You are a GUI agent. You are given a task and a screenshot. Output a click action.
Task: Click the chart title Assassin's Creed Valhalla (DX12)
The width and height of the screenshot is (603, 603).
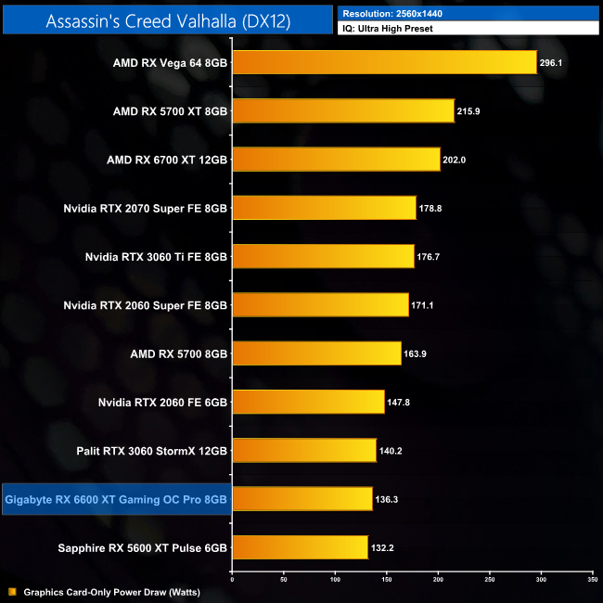click(x=167, y=20)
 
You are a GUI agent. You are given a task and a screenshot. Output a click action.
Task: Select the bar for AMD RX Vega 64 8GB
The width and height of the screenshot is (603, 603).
click(x=384, y=62)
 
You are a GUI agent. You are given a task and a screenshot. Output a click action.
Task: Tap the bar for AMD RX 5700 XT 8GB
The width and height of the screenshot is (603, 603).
click(x=342, y=111)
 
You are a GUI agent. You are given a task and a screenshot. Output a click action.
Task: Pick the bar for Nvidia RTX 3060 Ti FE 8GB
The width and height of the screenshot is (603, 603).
click(x=322, y=256)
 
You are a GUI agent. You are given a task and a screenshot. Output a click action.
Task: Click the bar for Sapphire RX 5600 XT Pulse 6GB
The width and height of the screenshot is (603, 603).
click(x=300, y=547)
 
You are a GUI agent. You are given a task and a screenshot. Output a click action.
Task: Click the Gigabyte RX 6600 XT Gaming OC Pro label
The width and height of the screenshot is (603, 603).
click(x=116, y=499)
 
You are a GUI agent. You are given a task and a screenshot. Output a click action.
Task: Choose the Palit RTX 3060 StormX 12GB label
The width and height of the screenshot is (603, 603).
click(x=151, y=451)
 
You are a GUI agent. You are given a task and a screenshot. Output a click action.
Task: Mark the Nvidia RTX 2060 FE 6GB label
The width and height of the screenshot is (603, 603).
click(x=162, y=402)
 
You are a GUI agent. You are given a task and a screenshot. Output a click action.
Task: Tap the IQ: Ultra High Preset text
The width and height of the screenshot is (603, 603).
click(x=387, y=29)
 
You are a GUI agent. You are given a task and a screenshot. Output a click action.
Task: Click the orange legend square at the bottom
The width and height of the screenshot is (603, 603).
click(x=12, y=591)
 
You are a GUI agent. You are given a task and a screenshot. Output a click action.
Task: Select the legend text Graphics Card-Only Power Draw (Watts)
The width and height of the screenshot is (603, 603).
click(x=112, y=591)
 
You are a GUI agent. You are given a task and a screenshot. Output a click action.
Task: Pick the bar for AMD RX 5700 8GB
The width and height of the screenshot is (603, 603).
click(x=316, y=353)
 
